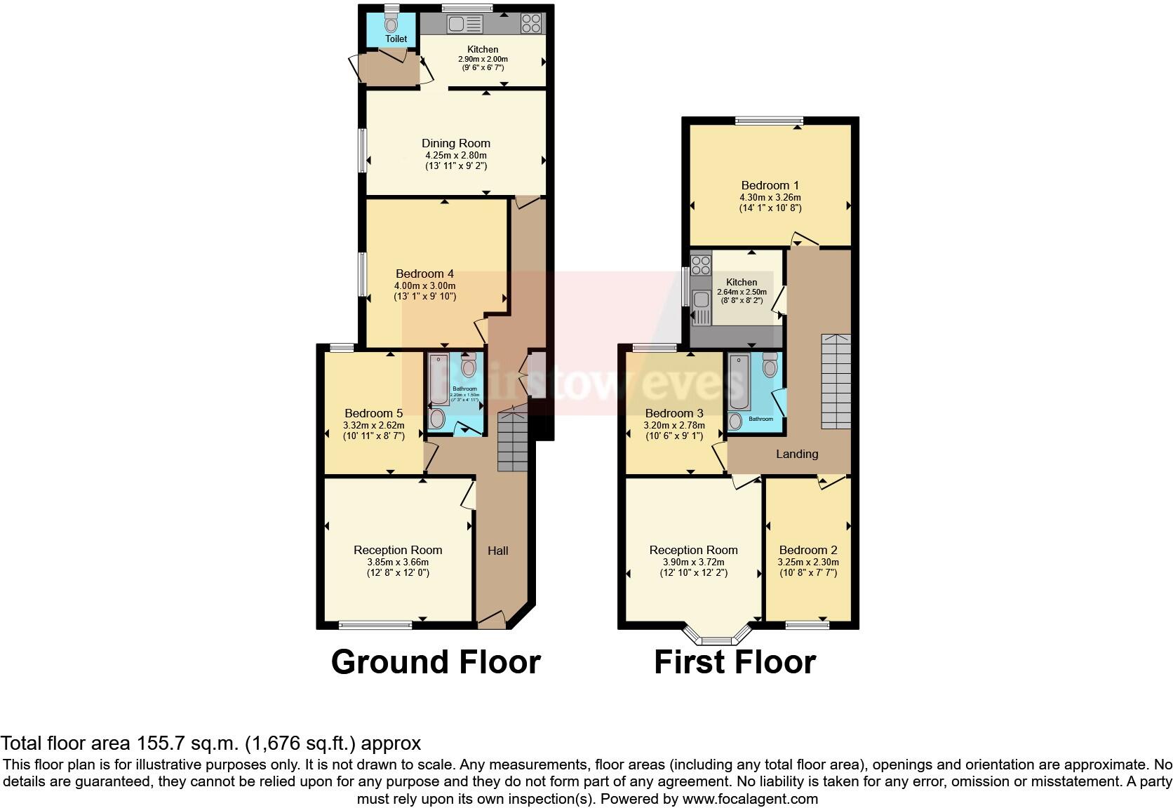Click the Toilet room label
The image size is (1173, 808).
tap(396, 39)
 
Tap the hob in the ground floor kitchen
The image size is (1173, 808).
tap(531, 24)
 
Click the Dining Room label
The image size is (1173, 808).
tap(456, 143)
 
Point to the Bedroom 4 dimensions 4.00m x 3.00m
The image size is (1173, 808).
tap(424, 286)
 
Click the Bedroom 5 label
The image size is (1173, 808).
tap(374, 413)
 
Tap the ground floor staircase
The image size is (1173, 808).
tap(512, 442)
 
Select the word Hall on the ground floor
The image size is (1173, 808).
tap(498, 551)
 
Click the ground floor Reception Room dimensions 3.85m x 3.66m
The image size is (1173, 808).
tap(398, 562)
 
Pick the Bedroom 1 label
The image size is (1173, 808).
tap(770, 185)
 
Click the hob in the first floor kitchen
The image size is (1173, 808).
tap(701, 265)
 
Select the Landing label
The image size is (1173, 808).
tap(797, 454)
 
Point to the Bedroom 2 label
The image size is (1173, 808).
tap(808, 550)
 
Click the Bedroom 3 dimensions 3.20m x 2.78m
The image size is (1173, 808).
tap(674, 425)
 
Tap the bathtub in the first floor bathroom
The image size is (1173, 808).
tap(739, 383)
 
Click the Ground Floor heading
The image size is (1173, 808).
tap(436, 662)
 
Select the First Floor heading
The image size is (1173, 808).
tap(735, 662)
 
